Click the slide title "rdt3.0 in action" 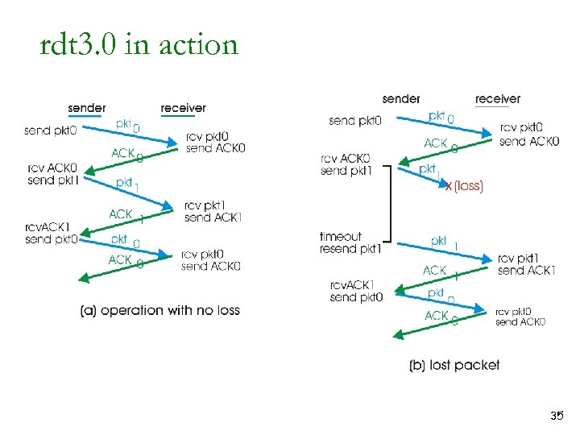coord(139,44)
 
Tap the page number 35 coord(556,416)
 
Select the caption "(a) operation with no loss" coord(160,310)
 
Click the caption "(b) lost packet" coord(454,365)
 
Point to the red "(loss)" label coord(469,186)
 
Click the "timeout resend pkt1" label coord(350,242)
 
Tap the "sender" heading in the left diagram coord(86,108)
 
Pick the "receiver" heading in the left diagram coord(183,108)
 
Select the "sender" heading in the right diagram coord(401,98)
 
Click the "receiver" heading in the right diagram coord(498,98)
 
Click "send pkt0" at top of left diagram coord(52,130)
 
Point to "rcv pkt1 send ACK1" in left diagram coord(213,212)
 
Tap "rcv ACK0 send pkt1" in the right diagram coord(346,164)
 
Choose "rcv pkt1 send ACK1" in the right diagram coord(527,264)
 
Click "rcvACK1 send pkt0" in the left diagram coord(50,233)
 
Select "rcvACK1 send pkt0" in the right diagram coord(356,291)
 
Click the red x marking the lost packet coord(449,186)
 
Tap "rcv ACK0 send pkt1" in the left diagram coord(52,174)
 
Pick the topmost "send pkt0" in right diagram coord(355,121)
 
